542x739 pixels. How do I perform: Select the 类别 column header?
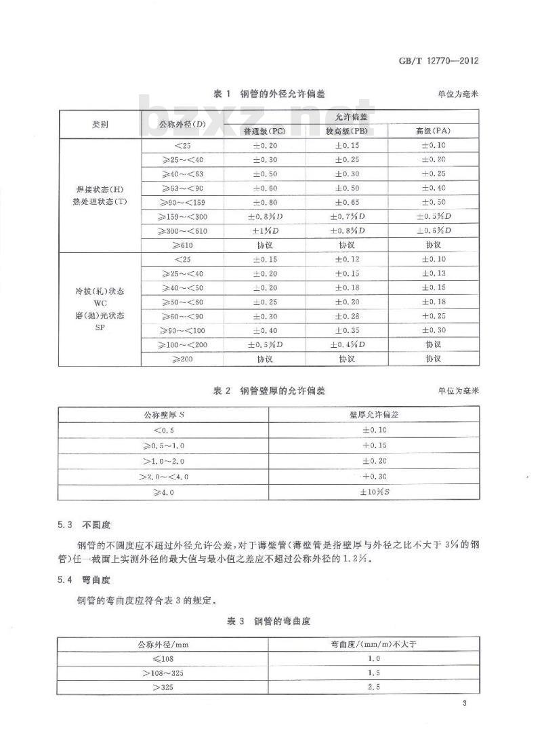[x=100, y=125]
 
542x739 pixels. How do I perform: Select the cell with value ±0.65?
[x=347, y=202]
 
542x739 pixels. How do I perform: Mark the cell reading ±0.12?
[x=347, y=259]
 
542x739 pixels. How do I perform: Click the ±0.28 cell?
[x=347, y=316]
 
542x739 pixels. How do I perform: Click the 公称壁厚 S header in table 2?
[x=163, y=414]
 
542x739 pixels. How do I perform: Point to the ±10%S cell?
[x=374, y=493]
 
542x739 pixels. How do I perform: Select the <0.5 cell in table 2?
[x=163, y=430]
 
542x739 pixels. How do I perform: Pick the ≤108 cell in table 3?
[x=163, y=658]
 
